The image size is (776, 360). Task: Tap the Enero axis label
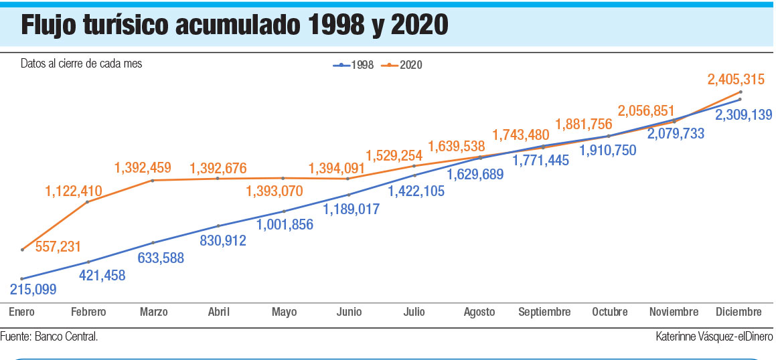21,312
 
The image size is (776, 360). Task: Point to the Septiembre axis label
544,312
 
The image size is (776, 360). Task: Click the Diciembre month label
739,312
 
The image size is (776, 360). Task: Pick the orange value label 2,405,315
736,80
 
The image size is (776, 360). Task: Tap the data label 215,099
33,290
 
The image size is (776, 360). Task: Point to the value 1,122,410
74,192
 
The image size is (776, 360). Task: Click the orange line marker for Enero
23,250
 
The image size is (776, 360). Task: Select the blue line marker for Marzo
153,242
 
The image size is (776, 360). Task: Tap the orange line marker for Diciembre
740,92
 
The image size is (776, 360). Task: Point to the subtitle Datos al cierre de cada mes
81,64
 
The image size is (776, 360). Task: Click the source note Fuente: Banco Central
49,337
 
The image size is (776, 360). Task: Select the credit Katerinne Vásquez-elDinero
714,337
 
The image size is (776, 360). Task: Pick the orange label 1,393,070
274,191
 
